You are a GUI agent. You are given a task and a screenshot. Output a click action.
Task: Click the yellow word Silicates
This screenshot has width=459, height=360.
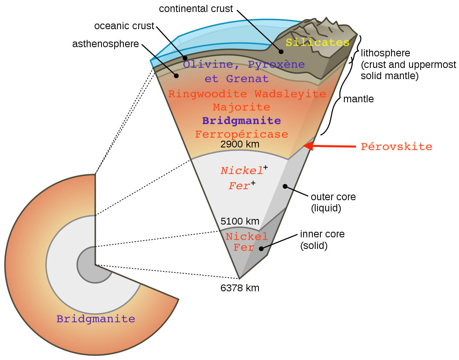coord(317,42)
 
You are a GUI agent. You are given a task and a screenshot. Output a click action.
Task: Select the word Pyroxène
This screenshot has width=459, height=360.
coord(276,64)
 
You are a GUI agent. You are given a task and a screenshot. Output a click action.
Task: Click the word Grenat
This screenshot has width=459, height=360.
coord(247,79)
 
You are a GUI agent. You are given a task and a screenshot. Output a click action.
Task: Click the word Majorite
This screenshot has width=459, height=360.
coord(241,107)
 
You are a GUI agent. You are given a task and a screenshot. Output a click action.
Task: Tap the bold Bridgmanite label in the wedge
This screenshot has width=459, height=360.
coord(241,121)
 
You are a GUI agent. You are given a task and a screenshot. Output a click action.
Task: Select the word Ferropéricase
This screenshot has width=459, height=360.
coord(241,134)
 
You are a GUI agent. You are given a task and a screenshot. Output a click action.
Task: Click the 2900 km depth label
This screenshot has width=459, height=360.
coord(240,145)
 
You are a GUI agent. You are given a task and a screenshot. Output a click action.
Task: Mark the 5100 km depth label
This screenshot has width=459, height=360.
coord(240,221)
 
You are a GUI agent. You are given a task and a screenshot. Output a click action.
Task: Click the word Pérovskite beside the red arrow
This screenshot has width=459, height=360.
coord(396,147)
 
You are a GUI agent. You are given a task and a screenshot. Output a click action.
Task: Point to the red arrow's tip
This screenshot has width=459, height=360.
coord(305,146)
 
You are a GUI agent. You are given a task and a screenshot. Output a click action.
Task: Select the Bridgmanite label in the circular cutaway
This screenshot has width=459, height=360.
coord(95,319)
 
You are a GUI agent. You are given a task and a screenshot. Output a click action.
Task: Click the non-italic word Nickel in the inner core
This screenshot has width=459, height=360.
coord(246,237)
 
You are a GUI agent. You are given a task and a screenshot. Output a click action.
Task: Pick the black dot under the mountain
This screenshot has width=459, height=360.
coord(281,52)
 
